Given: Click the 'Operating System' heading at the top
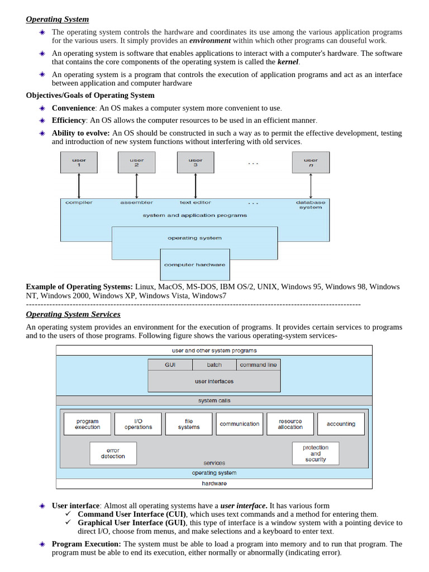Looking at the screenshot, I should click(x=57, y=20).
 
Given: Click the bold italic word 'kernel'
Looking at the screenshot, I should click(x=288, y=62).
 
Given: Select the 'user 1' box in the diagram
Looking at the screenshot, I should click(x=79, y=163).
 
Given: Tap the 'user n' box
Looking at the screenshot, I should click(x=311, y=163).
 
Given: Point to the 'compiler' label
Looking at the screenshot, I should click(x=79, y=202).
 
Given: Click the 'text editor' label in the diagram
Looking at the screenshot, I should click(x=196, y=202).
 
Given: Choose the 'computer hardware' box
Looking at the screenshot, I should click(x=195, y=265).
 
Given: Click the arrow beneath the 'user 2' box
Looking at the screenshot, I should click(x=137, y=185).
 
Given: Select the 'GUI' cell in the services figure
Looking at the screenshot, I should click(x=170, y=365).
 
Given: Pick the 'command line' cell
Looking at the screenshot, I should click(x=258, y=365).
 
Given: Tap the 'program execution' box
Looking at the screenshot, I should click(x=87, y=424).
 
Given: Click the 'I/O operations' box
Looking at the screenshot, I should click(x=138, y=424).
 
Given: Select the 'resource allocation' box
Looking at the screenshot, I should click(x=290, y=424).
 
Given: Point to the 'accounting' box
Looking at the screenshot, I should click(x=341, y=424).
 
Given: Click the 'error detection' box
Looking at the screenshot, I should click(x=113, y=454).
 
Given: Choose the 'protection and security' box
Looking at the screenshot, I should click(x=316, y=454).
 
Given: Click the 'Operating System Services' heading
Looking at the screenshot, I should click(x=73, y=314).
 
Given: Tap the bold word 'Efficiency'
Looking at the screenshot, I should click(x=69, y=120).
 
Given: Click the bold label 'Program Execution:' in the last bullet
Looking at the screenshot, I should click(x=86, y=544).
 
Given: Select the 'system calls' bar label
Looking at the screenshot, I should click(x=214, y=401).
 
